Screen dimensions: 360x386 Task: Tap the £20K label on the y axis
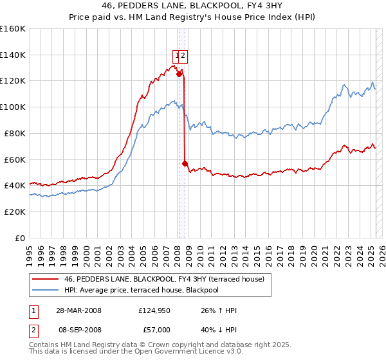pyautogui.click(x=15, y=212)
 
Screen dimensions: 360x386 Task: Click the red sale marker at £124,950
pyautogui.click(x=179, y=74)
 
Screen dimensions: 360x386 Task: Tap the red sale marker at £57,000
pyautogui.click(x=185, y=163)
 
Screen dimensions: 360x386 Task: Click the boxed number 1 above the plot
pyautogui.click(x=176, y=55)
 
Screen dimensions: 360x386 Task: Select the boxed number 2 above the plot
pyautogui.click(x=183, y=55)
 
